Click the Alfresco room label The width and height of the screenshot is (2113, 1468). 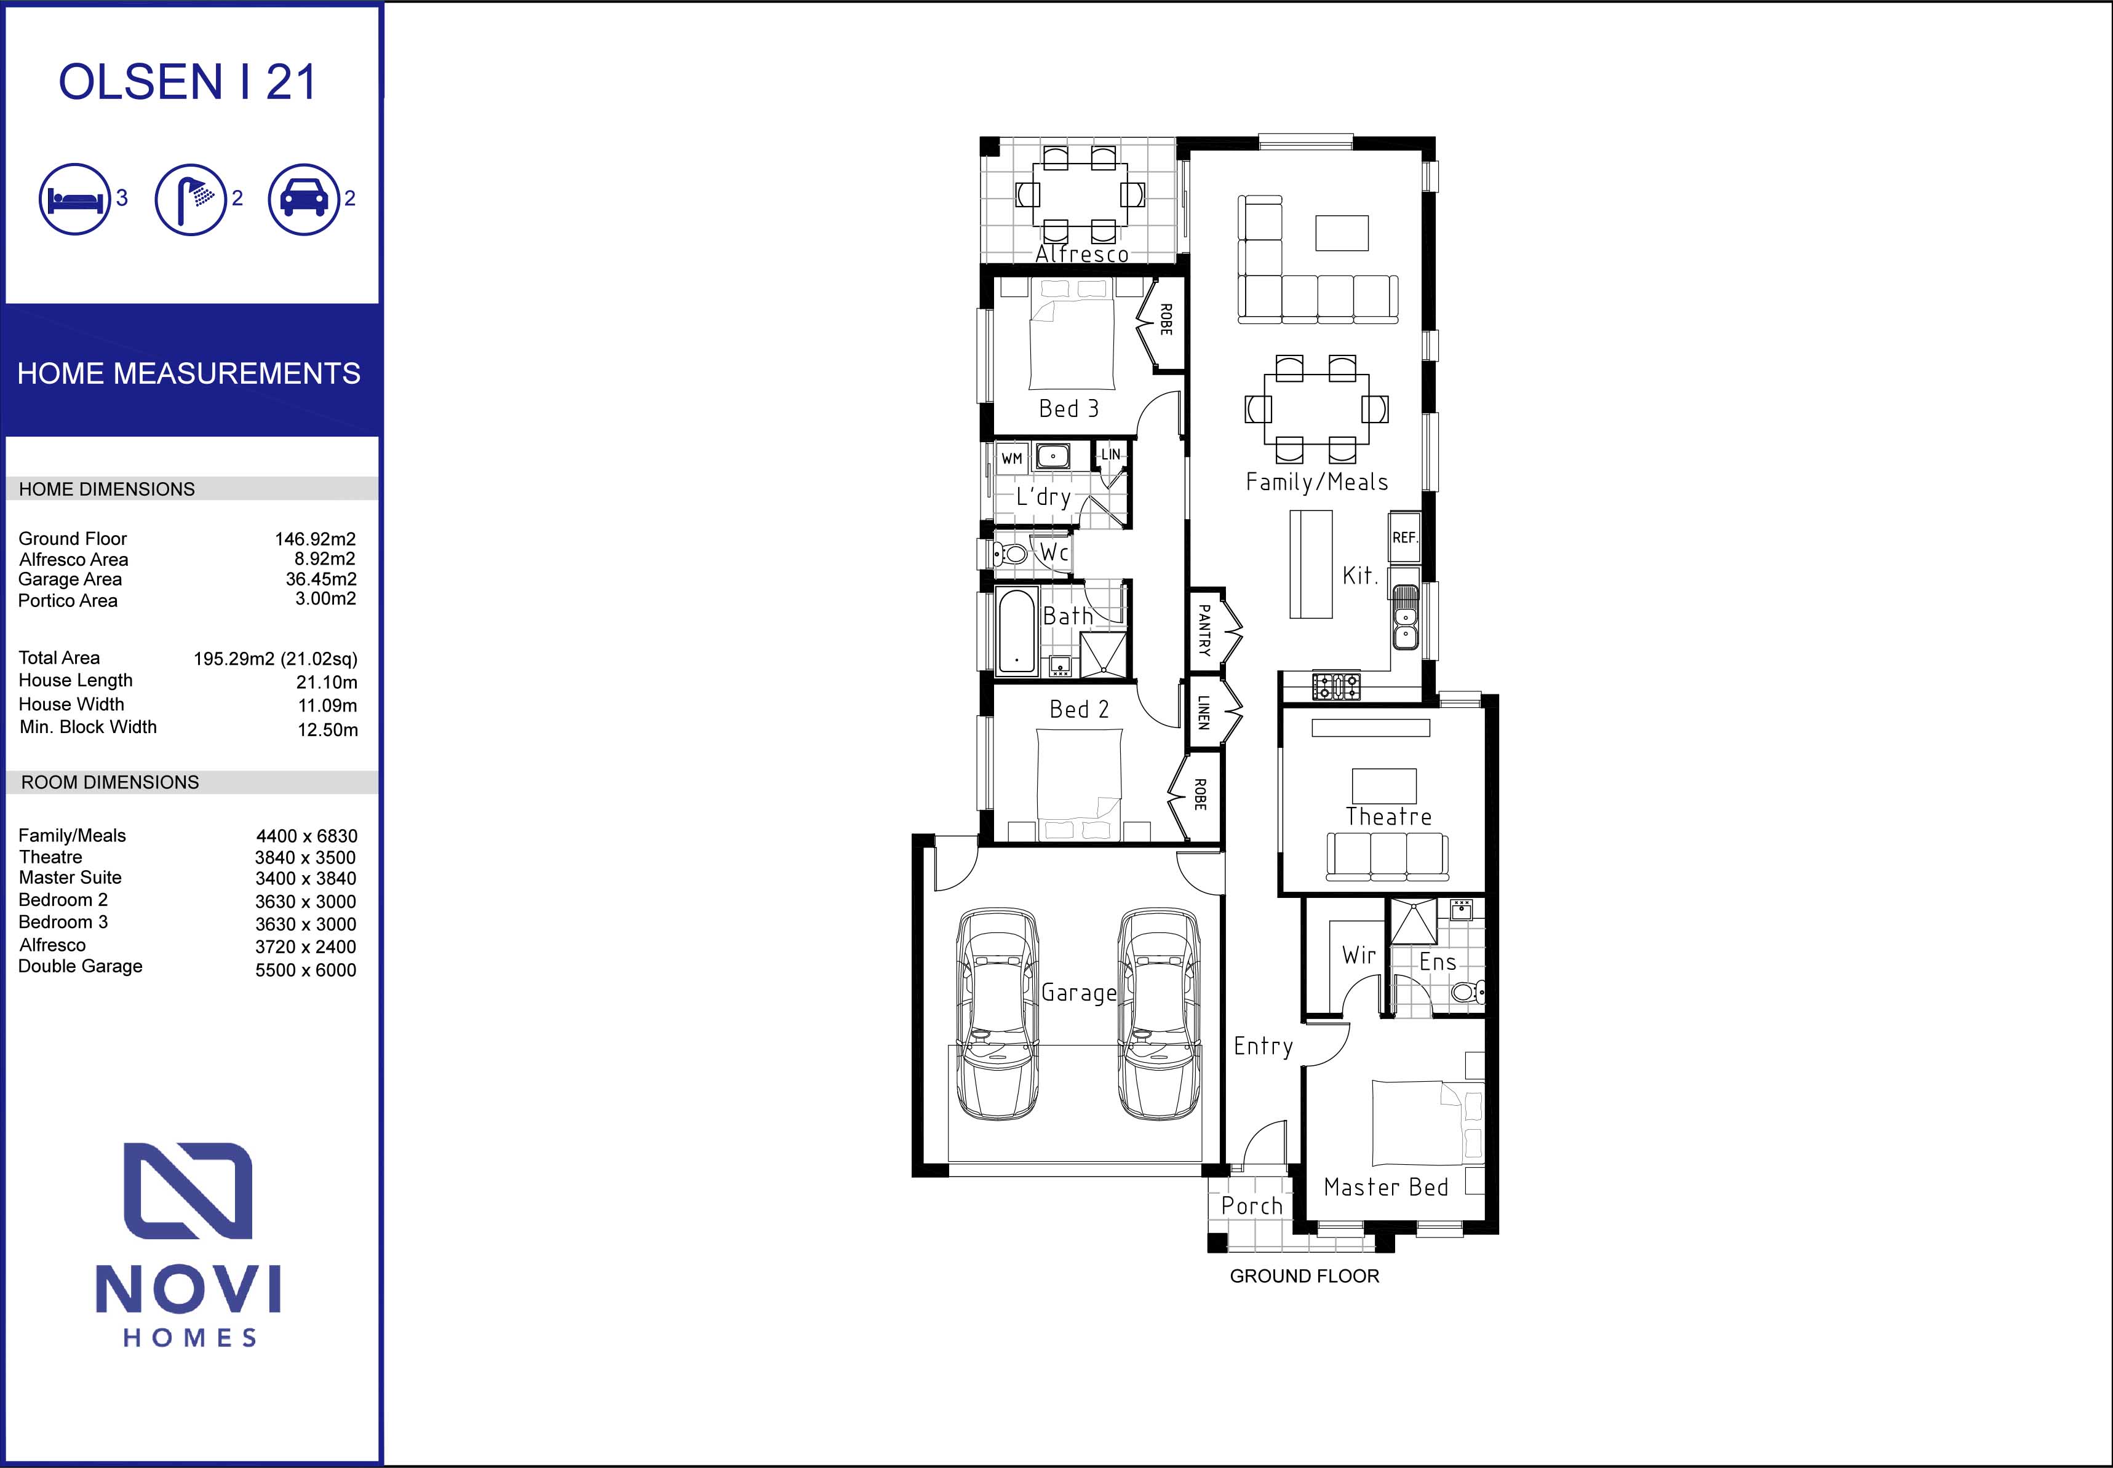click(1082, 254)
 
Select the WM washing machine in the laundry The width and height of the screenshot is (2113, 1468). click(1012, 458)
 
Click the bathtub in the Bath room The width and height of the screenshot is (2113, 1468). click(1016, 631)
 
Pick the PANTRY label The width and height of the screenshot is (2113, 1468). click(1204, 630)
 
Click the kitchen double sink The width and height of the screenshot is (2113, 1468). click(1405, 616)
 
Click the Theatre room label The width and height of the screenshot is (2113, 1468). click(1388, 817)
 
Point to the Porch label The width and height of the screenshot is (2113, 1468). click(1251, 1206)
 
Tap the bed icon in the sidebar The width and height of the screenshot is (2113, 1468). click(74, 199)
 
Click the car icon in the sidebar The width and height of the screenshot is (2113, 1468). click(303, 199)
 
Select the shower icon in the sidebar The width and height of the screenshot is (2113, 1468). click(191, 199)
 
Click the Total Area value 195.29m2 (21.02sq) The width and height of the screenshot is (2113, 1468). click(275, 659)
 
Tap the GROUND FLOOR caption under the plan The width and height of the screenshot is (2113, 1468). click(1305, 1277)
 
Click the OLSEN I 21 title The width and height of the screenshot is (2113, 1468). click(188, 83)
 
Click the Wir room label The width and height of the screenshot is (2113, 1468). click(1359, 956)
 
